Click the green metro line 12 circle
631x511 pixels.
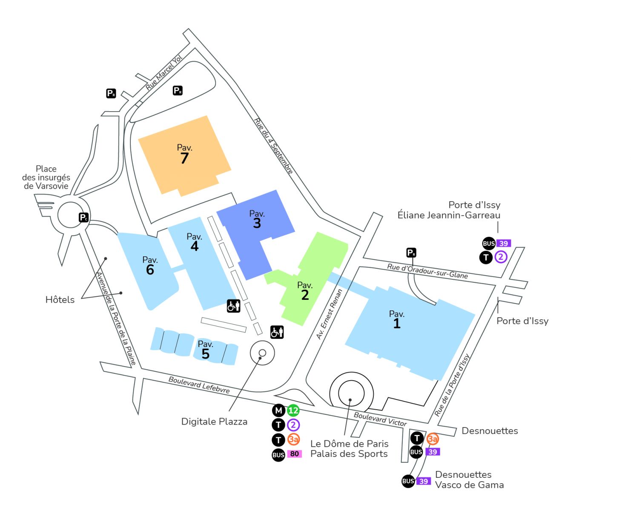(x=293, y=411)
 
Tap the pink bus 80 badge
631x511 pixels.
(x=294, y=454)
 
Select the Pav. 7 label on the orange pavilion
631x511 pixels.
(x=184, y=154)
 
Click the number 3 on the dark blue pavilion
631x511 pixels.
(x=257, y=223)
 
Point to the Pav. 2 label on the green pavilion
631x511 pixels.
(x=305, y=291)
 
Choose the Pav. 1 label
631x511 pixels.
(x=396, y=319)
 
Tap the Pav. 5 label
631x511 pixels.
(x=205, y=350)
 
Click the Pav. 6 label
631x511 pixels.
(x=150, y=265)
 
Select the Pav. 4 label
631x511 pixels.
(x=194, y=242)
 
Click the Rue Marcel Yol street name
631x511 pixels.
(x=164, y=72)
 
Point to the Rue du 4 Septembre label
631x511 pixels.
(x=273, y=146)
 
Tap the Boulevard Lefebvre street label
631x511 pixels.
(x=199, y=385)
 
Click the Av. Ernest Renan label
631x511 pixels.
(x=329, y=314)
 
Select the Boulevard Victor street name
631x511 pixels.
(x=380, y=419)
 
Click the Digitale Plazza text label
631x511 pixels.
(x=214, y=422)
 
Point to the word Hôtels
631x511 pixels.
(x=60, y=300)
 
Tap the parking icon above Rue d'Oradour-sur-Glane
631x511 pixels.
(x=411, y=253)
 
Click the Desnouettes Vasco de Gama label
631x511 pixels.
(x=469, y=479)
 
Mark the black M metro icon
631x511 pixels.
(x=278, y=411)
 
